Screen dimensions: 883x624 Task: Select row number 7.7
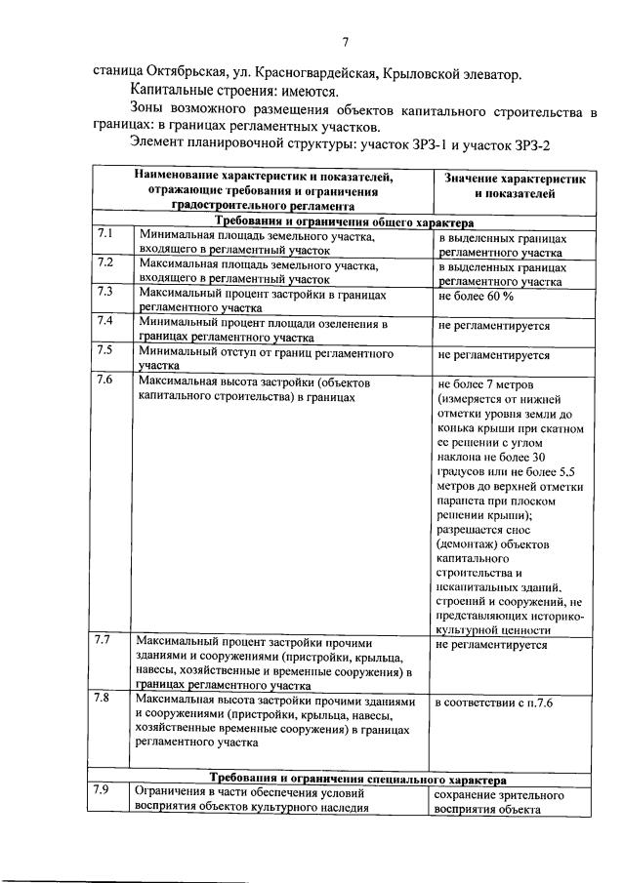click(x=104, y=641)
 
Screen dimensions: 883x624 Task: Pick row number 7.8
click(x=104, y=699)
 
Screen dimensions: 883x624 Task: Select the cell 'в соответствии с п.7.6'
click(x=494, y=702)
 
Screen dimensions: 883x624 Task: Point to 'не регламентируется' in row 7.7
click(x=491, y=645)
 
